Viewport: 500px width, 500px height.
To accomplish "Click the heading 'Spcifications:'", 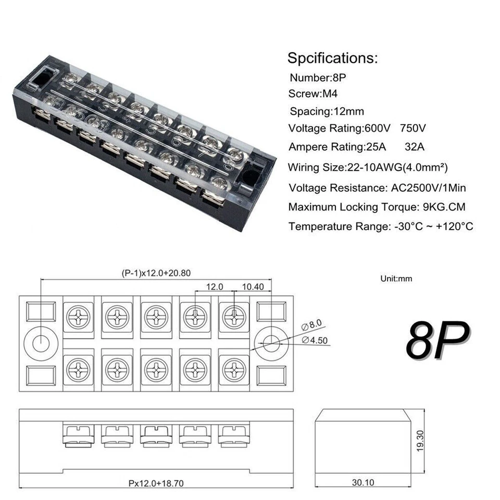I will coord(332,57).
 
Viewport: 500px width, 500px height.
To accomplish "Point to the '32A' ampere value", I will coord(415,147).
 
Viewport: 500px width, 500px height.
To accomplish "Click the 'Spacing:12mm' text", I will coord(327,111).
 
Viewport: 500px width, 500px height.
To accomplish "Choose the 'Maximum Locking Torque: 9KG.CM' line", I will coord(377,207).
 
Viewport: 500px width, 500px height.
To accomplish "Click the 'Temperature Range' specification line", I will coord(381,227).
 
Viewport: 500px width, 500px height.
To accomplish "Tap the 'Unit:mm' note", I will coord(396,279).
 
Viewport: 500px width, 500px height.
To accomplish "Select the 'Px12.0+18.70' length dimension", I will coord(156,483).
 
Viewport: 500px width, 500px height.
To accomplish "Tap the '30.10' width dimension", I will coord(362,483).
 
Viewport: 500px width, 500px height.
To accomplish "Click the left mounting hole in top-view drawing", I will coord(41,343).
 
